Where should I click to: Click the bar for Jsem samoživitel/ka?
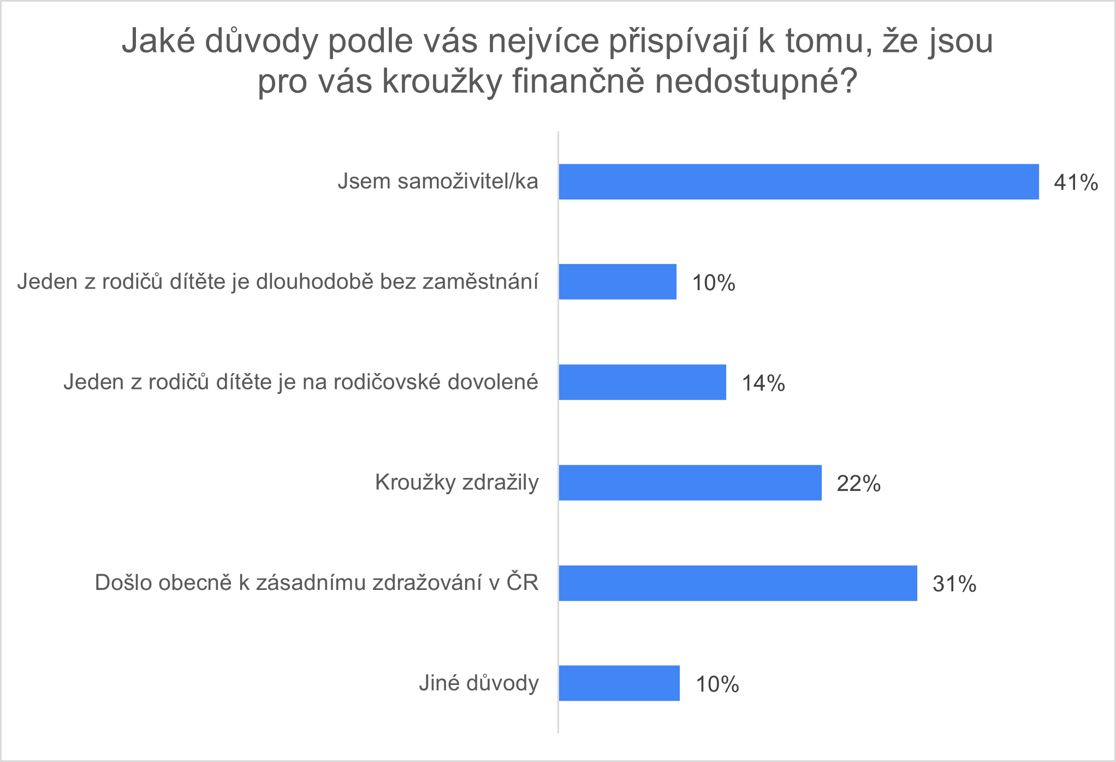(798, 181)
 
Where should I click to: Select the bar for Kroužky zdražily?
(690, 482)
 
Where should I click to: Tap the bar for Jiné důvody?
(619, 683)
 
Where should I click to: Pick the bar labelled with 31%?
(738, 583)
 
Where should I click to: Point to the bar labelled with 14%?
(642, 382)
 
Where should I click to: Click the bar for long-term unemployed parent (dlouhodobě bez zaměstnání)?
(618, 282)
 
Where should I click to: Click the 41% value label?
(1076, 182)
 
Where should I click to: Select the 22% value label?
(858, 483)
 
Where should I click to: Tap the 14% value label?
(763, 383)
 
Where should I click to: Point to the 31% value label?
(954, 584)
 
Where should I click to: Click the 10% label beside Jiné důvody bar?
(717, 684)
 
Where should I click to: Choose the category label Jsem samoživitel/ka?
(437, 181)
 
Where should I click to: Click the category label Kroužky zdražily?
(456, 482)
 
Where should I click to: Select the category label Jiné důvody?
(479, 683)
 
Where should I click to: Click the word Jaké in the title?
(158, 41)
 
